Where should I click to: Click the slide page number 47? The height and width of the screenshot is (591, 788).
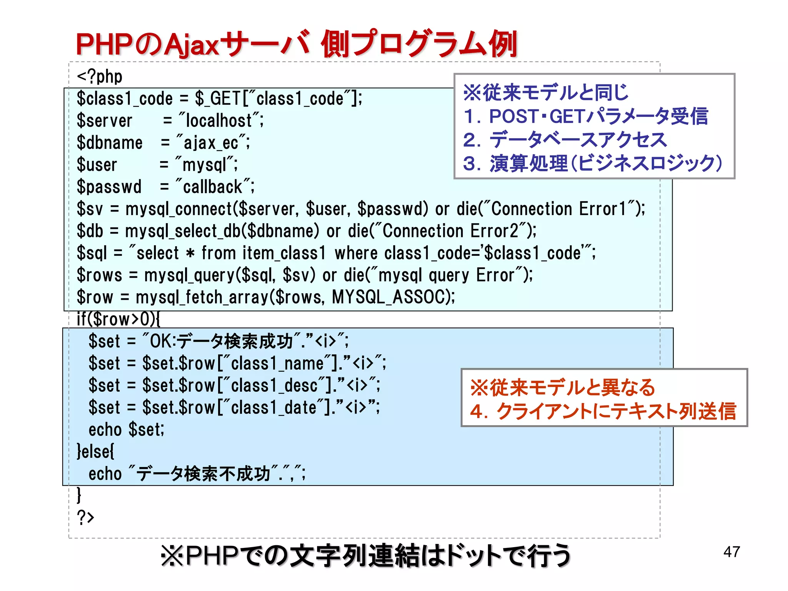(731, 552)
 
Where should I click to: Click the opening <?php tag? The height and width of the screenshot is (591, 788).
(100, 77)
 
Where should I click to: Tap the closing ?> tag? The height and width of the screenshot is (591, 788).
(85, 517)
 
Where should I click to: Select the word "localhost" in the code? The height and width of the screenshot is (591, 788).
(219, 120)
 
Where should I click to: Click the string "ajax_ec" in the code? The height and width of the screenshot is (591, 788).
(211, 143)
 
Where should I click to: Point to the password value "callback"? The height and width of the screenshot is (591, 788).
(212, 187)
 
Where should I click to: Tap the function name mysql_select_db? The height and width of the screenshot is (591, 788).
(183, 231)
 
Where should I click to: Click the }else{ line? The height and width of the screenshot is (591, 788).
(95, 451)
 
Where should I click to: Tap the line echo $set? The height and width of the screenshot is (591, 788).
(126, 429)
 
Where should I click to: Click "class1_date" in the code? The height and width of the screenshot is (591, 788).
(273, 407)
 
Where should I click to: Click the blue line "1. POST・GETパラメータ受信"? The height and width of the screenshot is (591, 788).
(585, 116)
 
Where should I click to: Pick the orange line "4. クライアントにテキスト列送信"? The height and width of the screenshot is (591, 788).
(603, 411)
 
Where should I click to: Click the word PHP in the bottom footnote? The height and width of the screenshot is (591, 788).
(212, 556)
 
